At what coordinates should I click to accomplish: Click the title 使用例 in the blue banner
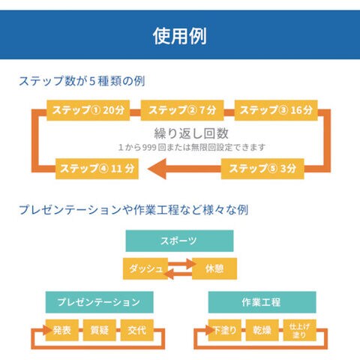(x=180, y=36)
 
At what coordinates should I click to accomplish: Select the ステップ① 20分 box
(x=88, y=110)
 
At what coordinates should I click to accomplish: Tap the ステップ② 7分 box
(x=182, y=110)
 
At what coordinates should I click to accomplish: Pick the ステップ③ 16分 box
(x=276, y=110)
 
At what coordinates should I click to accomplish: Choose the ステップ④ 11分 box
(x=97, y=169)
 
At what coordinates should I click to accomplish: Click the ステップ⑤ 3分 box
(x=262, y=169)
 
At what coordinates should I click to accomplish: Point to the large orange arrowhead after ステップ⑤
(x=157, y=169)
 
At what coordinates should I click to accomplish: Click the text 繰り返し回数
(x=191, y=133)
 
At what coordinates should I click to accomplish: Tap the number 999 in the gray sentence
(x=149, y=148)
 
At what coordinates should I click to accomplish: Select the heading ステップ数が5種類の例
(x=82, y=81)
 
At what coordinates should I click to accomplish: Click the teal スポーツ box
(x=179, y=241)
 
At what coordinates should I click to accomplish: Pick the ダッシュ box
(x=145, y=268)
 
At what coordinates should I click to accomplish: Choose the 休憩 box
(x=214, y=268)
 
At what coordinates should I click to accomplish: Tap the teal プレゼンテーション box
(x=100, y=302)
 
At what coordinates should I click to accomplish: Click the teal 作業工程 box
(x=262, y=302)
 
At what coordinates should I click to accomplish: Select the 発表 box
(x=62, y=330)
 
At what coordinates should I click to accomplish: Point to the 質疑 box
(x=100, y=330)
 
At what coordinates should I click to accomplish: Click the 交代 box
(x=137, y=330)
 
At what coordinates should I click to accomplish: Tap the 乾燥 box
(x=262, y=330)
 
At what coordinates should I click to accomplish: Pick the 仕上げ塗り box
(x=299, y=330)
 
